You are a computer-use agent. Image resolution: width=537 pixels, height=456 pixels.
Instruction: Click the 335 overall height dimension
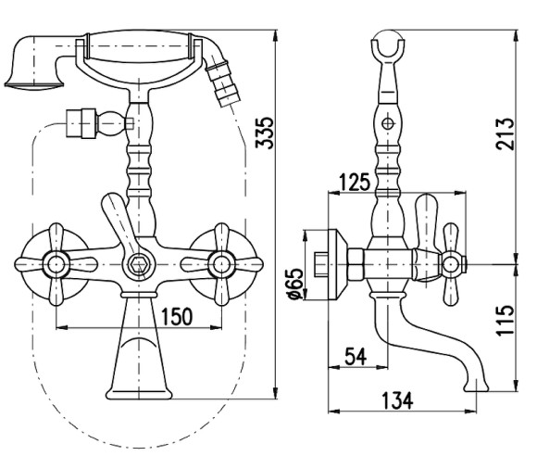[265, 133]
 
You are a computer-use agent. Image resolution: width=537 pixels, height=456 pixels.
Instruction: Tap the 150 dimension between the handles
[177, 316]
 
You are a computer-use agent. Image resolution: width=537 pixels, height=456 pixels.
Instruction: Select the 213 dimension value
[506, 133]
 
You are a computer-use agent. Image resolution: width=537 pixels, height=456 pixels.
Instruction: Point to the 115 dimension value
[506, 321]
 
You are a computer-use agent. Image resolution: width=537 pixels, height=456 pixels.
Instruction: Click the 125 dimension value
[355, 182]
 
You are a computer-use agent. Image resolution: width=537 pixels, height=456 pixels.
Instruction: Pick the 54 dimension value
[356, 357]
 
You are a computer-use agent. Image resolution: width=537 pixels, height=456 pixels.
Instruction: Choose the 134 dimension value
[397, 400]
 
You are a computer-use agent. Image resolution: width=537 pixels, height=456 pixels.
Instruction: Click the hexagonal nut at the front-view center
[138, 265]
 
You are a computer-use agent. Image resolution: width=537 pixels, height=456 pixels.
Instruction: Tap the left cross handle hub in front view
[56, 265]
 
